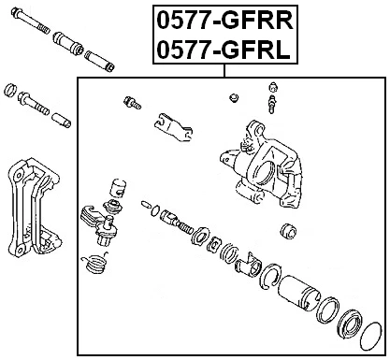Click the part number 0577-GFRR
click(222, 21)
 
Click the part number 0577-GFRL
click(222, 51)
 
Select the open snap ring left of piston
click(268, 273)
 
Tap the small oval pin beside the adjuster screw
click(146, 203)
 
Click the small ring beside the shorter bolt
click(10, 91)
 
